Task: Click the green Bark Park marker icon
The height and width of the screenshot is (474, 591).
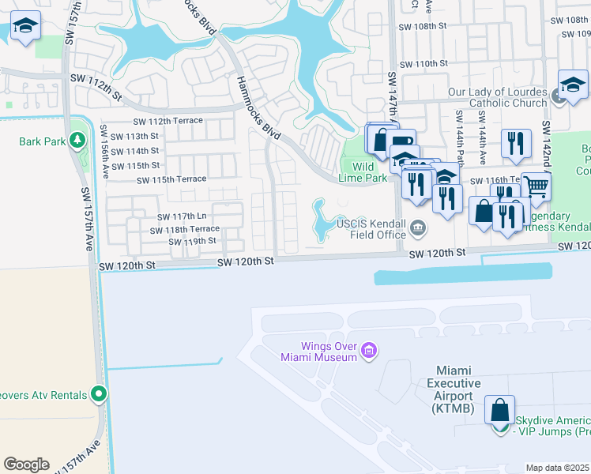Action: [77, 141]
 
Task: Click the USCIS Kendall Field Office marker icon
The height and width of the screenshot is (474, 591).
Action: [417, 230]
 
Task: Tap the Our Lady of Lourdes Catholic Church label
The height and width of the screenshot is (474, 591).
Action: [497, 97]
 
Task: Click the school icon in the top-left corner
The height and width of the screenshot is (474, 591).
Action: [25, 28]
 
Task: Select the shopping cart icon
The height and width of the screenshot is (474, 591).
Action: [536, 188]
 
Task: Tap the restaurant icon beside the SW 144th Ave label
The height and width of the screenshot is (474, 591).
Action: [515, 143]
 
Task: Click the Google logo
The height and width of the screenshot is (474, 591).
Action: [26, 465]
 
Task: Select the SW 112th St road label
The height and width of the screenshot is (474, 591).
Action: [96, 87]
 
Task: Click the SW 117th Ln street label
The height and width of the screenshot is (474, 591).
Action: [181, 216]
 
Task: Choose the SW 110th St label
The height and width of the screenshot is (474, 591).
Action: [424, 64]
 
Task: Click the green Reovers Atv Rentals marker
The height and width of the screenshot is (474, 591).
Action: [99, 393]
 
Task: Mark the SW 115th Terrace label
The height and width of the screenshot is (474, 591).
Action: [171, 180]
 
